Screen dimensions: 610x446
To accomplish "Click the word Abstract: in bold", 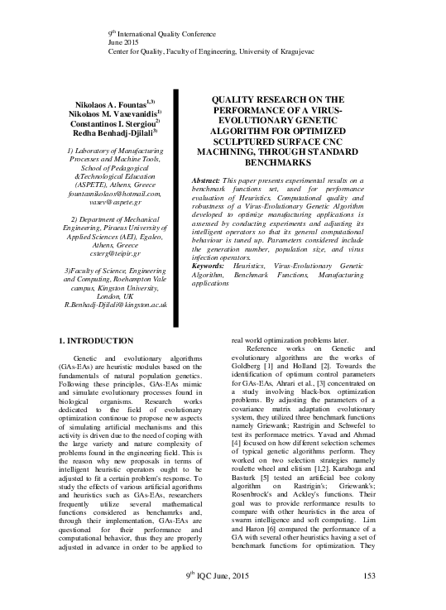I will [x=207, y=180].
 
